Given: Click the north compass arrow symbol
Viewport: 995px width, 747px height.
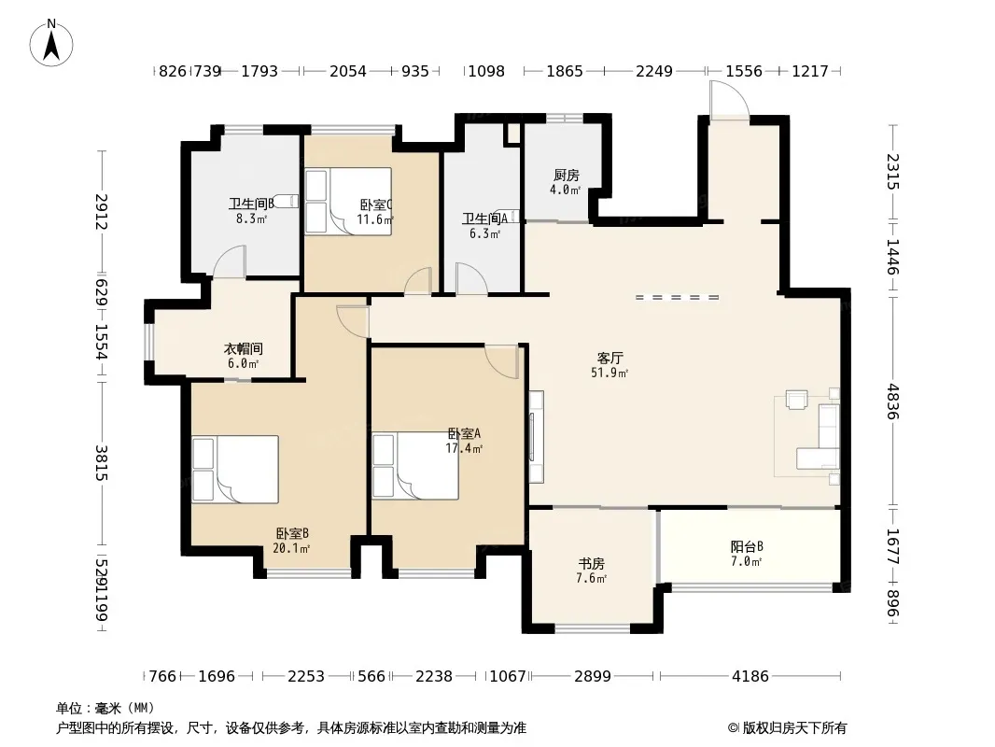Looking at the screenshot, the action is click(x=51, y=43).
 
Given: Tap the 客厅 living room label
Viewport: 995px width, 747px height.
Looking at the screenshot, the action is click(x=610, y=358).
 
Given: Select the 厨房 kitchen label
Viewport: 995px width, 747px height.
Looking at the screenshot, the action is click(x=566, y=175).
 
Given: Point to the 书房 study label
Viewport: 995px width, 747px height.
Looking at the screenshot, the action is click(x=591, y=563).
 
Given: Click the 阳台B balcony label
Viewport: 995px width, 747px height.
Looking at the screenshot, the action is click(x=747, y=546).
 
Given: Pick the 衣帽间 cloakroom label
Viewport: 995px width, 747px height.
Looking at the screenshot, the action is click(x=243, y=348).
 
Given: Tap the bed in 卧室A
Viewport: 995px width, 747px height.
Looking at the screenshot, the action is click(x=415, y=466).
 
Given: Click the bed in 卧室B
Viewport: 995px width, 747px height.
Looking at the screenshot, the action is click(x=235, y=469).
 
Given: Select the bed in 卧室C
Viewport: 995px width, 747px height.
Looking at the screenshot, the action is click(x=348, y=201).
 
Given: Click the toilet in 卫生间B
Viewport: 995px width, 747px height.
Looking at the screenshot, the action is click(x=287, y=201).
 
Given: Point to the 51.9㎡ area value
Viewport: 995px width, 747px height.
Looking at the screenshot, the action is click(x=610, y=373).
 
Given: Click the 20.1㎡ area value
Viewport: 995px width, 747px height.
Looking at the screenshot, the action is click(x=291, y=548).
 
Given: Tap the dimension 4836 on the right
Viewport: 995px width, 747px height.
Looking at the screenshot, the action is click(x=893, y=402).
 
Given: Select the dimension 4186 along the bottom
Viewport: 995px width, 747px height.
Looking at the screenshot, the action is click(x=750, y=676).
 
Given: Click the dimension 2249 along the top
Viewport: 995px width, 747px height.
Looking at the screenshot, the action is click(x=654, y=71).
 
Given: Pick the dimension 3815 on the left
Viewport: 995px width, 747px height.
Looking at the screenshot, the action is click(x=102, y=462).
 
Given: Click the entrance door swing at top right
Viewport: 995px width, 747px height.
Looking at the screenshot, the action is click(x=730, y=100).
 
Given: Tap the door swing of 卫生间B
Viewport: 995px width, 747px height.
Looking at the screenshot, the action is click(x=229, y=262).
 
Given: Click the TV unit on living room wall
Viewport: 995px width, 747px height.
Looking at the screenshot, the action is click(x=537, y=435).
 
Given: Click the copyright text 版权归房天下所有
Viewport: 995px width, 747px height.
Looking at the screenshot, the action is click(x=794, y=728).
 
